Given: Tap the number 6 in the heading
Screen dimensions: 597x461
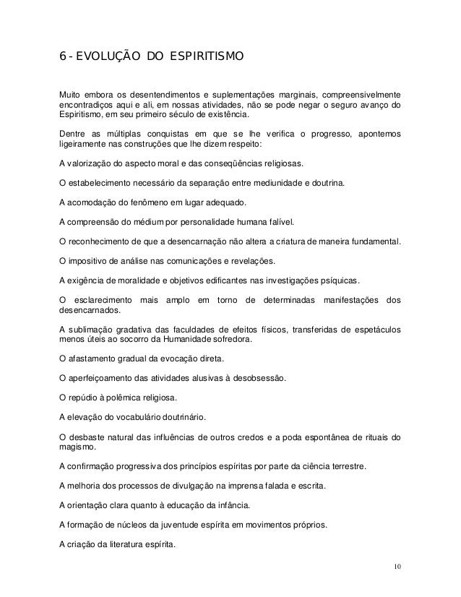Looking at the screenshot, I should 62,55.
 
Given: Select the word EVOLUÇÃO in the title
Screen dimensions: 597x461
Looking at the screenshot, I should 100,55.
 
